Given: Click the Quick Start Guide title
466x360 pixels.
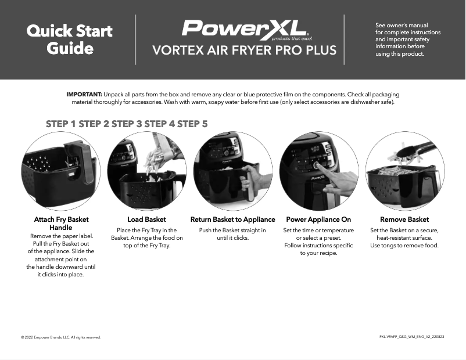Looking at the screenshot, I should (x=70, y=39).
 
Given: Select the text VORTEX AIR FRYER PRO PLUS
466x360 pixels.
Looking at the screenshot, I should (x=244, y=51).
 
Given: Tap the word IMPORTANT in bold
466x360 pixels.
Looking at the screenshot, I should (x=84, y=94).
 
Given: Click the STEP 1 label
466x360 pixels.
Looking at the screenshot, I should (x=61, y=124).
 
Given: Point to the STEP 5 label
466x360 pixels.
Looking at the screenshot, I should (x=192, y=124).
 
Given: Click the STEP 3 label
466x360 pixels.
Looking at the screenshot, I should (x=127, y=124).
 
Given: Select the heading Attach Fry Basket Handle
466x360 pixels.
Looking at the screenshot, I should (x=61, y=224).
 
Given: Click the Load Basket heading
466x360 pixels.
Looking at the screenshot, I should (x=146, y=219).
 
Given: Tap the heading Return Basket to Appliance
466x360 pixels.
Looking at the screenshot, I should (x=232, y=219).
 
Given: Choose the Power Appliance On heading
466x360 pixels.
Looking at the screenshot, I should (x=318, y=219).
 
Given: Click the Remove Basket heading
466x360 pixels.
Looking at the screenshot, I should (x=404, y=219).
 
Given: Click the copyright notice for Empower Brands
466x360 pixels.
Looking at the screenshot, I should (x=61, y=337).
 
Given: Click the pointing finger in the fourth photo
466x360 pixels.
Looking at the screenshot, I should (x=337, y=180).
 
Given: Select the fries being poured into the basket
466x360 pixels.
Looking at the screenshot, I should (x=154, y=160).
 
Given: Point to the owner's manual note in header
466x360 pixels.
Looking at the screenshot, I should (x=408, y=39).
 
